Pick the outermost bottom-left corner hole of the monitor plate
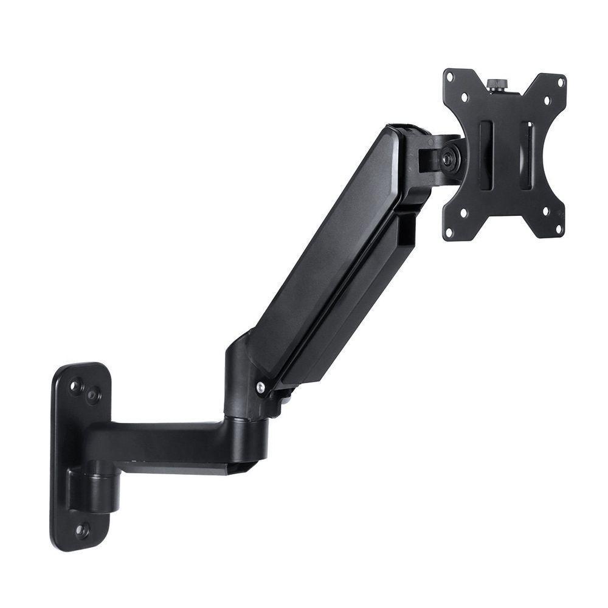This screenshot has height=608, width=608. (451, 232)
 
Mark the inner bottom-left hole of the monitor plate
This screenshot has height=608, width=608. (463, 213)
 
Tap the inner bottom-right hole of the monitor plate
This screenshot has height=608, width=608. (545, 211)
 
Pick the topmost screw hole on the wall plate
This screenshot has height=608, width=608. (76, 385)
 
